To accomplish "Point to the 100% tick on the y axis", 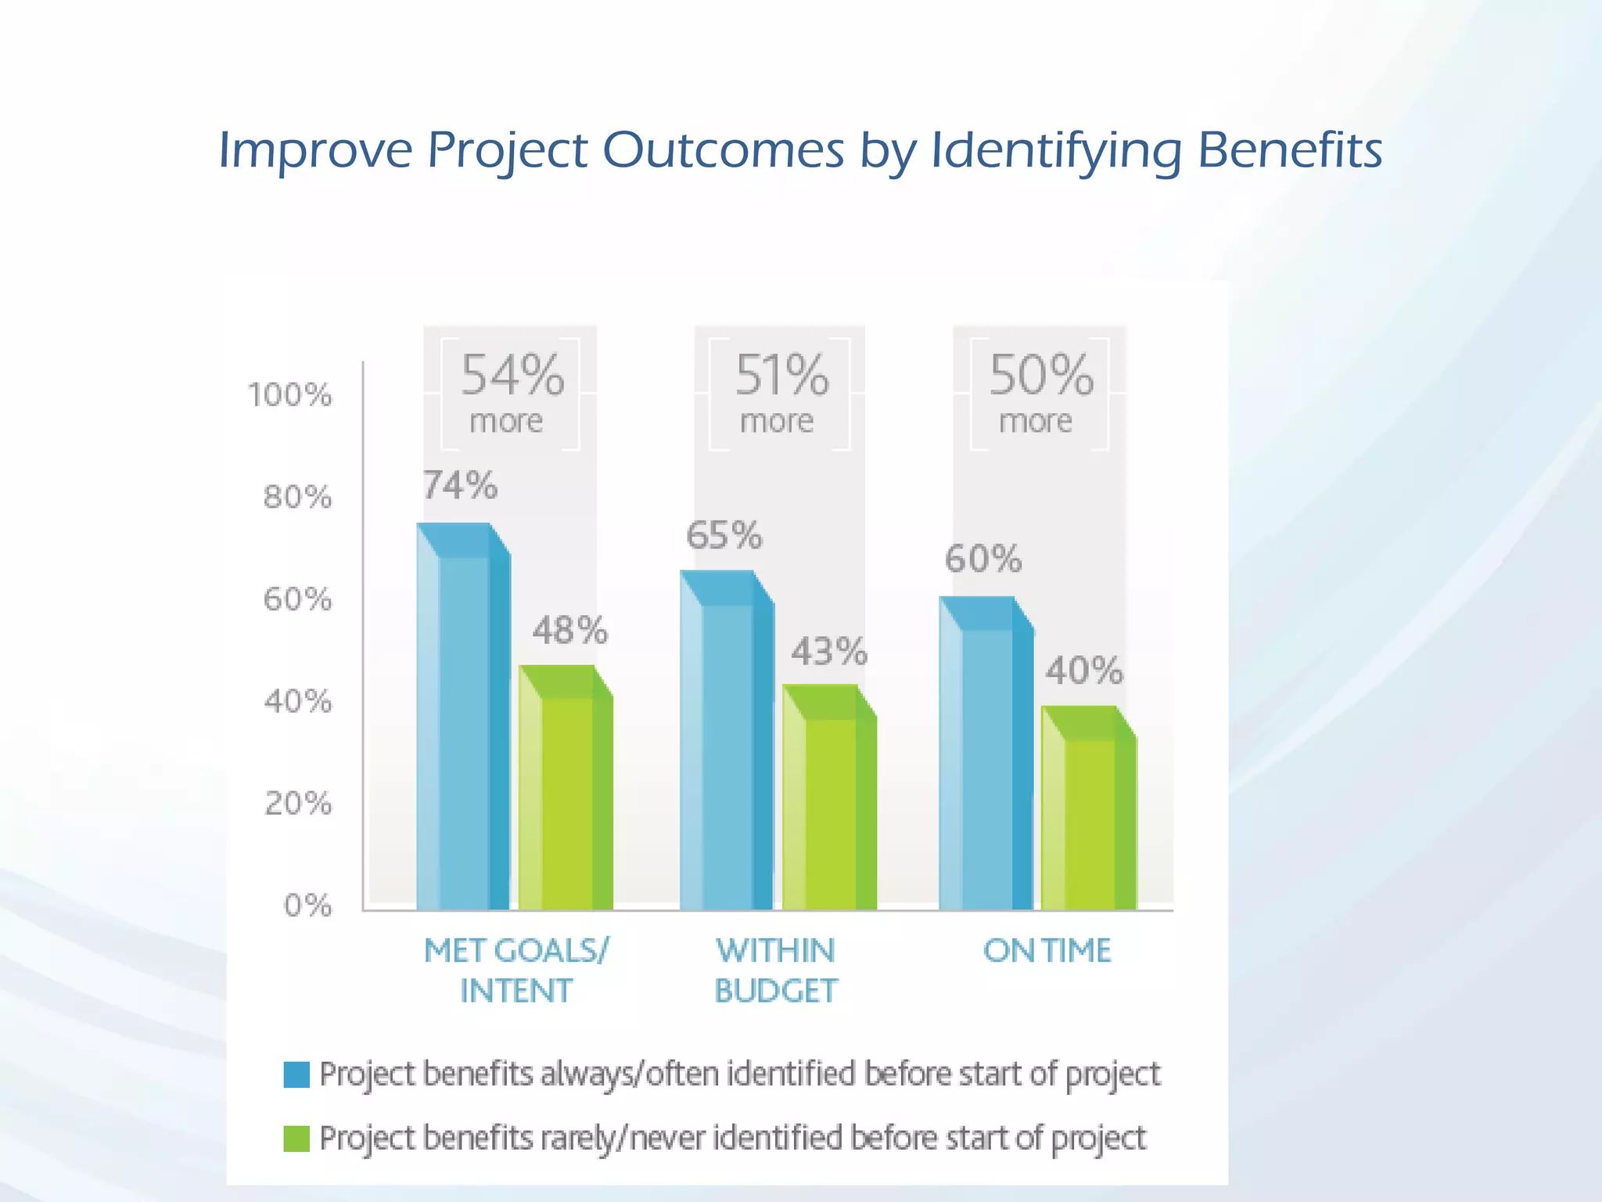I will (290, 395).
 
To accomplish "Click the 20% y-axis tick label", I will (298, 804).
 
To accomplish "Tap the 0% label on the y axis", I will (307, 905).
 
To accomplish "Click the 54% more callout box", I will (510, 394).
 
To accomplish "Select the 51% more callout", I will (779, 394).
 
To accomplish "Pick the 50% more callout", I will (1040, 394).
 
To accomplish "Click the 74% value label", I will (460, 486).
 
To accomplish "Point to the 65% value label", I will (724, 536).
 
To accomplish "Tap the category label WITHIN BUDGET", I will (776, 970).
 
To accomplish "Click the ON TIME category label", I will (1047, 951).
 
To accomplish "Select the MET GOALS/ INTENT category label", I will (515, 970).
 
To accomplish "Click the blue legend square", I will (296, 1074).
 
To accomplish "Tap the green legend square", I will (296, 1139).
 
